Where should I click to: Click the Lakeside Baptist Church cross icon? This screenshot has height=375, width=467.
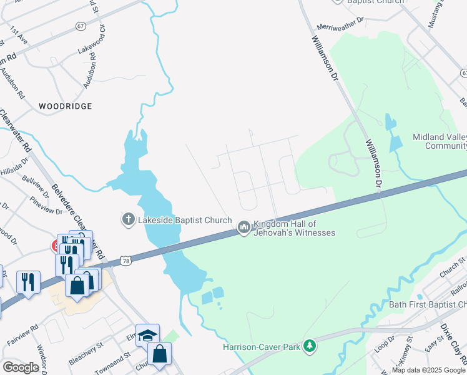coord(128,219)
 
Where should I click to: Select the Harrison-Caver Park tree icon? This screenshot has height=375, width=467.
coord(308,346)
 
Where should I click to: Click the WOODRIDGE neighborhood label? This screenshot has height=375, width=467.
coord(66,107)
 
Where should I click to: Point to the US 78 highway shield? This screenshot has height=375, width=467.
coord(127,260)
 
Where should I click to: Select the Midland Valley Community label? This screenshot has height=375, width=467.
coord(440,141)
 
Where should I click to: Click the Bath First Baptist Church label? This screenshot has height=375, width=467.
coord(428,305)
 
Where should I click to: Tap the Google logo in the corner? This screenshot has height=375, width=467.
coord(21,367)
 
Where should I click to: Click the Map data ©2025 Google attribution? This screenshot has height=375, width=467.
coord(428,370)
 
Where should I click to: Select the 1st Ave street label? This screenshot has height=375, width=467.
coord(19,35)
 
